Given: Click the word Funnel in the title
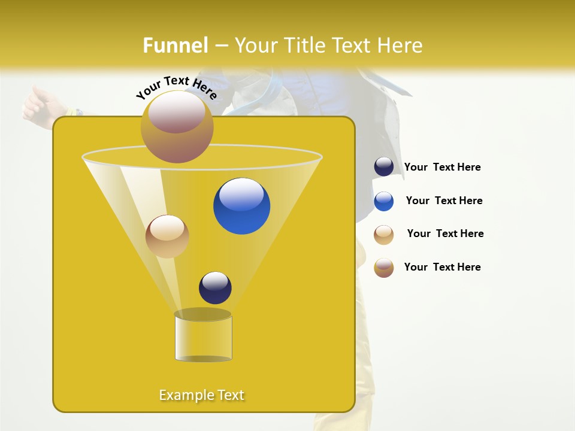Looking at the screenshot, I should [175, 45].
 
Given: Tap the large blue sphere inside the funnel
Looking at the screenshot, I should [241, 206].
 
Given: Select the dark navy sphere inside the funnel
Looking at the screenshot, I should [215, 288].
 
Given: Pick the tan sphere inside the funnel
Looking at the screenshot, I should [167, 236].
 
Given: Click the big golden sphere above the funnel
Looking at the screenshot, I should [177, 126].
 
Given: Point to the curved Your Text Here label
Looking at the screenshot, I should [176, 86].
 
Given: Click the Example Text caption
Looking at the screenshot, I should [201, 395].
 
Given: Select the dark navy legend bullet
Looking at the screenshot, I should [384, 167].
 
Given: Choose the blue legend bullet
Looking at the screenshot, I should [384, 201].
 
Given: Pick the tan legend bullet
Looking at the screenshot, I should [384, 235].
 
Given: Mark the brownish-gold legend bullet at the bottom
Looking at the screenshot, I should [384, 268].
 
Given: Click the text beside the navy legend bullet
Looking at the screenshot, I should [442, 168].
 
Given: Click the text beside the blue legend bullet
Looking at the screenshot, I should [444, 201].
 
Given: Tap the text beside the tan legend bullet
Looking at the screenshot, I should [445, 234].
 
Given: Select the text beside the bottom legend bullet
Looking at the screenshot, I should [442, 268].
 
